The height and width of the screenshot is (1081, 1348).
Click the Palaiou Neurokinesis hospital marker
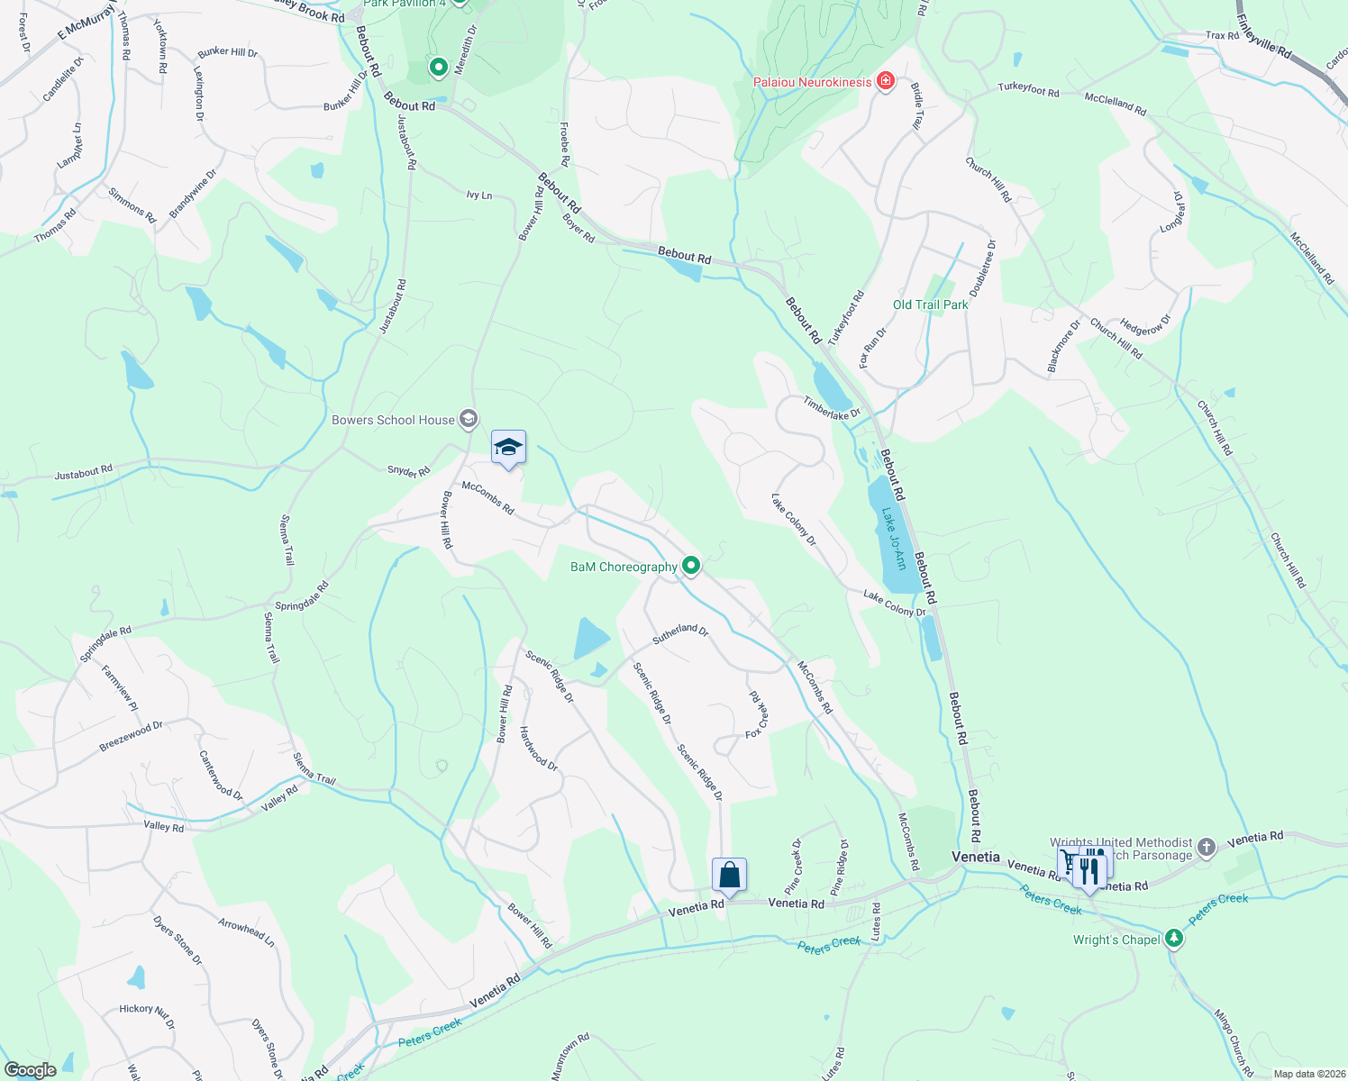pyautogui.click(x=886, y=82)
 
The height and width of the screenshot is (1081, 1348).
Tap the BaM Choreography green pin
pyautogui.click(x=691, y=566)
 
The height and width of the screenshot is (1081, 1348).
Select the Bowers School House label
pyautogui.click(x=393, y=420)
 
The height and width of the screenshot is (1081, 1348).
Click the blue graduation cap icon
pyautogui.click(x=508, y=448)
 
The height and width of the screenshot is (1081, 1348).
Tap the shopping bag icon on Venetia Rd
pyautogui.click(x=729, y=875)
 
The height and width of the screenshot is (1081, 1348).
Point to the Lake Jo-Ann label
pyautogui.click(x=893, y=539)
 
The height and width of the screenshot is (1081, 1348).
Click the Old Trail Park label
pyautogui.click(x=930, y=304)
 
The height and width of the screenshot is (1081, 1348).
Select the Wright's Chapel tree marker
pyautogui.click(x=1173, y=939)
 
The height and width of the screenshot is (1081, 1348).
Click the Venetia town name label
pyautogui.click(x=976, y=857)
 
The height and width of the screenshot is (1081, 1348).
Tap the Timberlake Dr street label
pyautogui.click(x=832, y=408)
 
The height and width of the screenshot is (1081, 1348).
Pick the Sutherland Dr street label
pyautogui.click(x=680, y=632)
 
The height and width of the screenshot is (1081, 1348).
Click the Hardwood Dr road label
pyautogui.click(x=539, y=749)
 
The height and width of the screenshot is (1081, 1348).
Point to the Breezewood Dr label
pyautogui.click(x=131, y=736)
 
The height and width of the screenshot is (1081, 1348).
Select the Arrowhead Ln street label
pyautogui.click(x=246, y=931)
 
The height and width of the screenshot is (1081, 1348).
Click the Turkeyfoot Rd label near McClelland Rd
pyautogui.click(x=1028, y=89)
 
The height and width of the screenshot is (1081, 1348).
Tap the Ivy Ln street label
pyautogui.click(x=479, y=195)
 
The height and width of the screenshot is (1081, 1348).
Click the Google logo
pyautogui.click(x=30, y=1070)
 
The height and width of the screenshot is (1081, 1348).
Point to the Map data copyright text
pyautogui.click(x=1306, y=1074)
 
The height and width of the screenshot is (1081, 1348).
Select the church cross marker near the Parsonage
pyautogui.click(x=1207, y=847)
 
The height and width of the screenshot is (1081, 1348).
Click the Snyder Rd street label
pyautogui.click(x=408, y=471)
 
